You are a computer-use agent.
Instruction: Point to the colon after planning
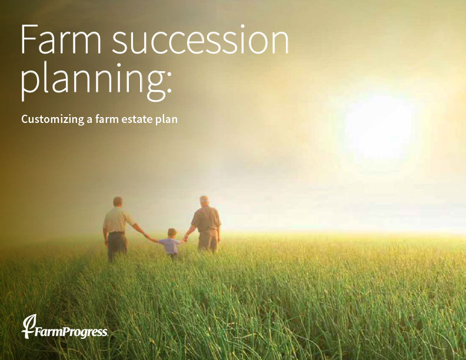[169, 82]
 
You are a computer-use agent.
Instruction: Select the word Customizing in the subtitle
[52, 119]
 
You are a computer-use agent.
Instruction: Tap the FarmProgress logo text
[71, 332]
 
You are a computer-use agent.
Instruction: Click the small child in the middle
[170, 244]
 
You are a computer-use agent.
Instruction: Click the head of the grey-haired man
[204, 202]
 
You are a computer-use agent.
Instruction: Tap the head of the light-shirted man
[118, 202]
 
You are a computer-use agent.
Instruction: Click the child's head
[172, 233]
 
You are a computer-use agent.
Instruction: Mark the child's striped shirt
[170, 246]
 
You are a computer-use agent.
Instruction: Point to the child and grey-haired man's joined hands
[185, 238]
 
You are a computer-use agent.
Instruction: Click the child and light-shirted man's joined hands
[147, 235]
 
